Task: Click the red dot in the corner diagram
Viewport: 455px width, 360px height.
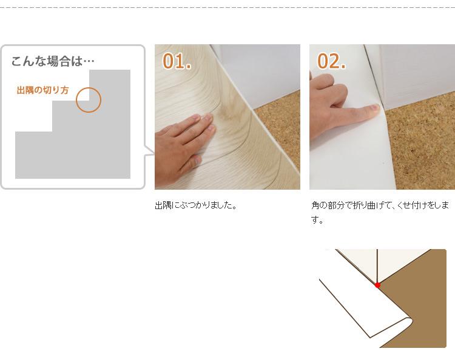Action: [x=377, y=285]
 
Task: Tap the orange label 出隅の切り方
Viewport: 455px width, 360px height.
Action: [x=42, y=90]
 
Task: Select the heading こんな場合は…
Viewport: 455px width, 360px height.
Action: [x=53, y=61]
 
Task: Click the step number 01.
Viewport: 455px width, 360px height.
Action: [x=177, y=61]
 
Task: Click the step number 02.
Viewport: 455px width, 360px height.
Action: [x=331, y=61]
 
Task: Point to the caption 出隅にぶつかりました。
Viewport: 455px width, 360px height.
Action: [x=196, y=205]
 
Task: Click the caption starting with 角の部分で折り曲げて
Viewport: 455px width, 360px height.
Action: [x=380, y=213]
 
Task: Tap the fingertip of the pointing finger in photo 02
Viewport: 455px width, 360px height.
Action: [x=376, y=108]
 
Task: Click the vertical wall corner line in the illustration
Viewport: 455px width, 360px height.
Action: [x=377, y=266]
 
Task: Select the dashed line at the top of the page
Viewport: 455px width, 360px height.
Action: [x=227, y=8]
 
